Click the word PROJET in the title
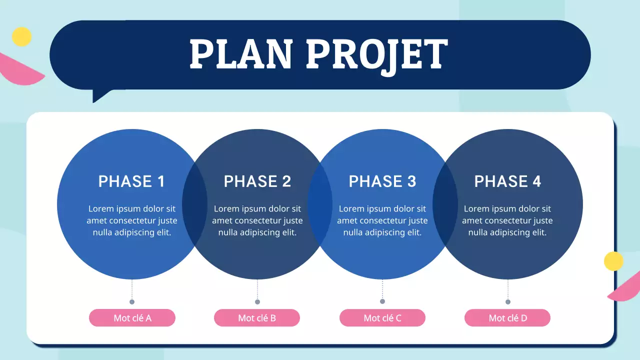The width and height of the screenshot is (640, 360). tap(377, 54)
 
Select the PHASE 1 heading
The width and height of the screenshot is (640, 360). tap(131, 181)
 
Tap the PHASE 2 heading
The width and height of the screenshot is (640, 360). tap(257, 181)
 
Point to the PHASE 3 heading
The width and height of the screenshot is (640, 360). tap(382, 181)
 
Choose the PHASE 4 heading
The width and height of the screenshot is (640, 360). tap(507, 181)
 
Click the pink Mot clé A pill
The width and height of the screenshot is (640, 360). tap(132, 318)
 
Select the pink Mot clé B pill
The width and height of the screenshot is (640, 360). tap(257, 318)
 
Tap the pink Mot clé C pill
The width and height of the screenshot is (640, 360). tap(382, 318)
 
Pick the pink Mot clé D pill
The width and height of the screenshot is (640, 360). tap(507, 318)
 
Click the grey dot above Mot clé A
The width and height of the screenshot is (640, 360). tap(132, 302)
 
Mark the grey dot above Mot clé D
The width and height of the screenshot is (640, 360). tap(508, 302)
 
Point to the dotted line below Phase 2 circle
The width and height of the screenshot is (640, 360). tap(257, 289)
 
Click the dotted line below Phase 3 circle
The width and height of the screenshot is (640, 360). tap(382, 289)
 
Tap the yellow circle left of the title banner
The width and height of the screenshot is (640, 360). tap(21, 36)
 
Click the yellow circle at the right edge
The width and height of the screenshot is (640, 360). tap(613, 261)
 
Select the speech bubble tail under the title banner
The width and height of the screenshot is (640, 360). tap(100, 95)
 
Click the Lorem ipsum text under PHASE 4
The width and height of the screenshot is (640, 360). tap(507, 220)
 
